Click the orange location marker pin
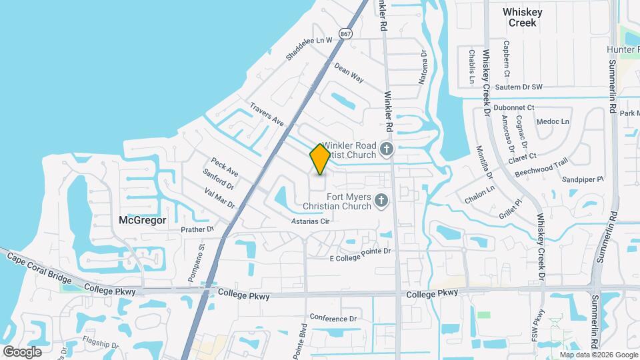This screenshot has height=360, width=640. tap(320, 159)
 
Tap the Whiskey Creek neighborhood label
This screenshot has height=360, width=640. tap(523, 17)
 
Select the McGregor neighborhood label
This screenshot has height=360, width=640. tap(141, 219)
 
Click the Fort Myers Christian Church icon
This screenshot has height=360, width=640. tap(381, 200)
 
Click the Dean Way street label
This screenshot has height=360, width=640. tap(349, 73)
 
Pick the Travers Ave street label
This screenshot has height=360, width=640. tap(267, 114)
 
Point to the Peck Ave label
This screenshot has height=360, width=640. tap(224, 167)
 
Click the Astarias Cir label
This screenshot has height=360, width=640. tap(311, 221)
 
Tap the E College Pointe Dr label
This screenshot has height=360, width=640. tap(359, 251)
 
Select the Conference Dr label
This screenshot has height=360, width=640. tap(333, 319)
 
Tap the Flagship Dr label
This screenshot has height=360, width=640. tap(100, 345)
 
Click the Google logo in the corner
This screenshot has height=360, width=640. tap(22, 351)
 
